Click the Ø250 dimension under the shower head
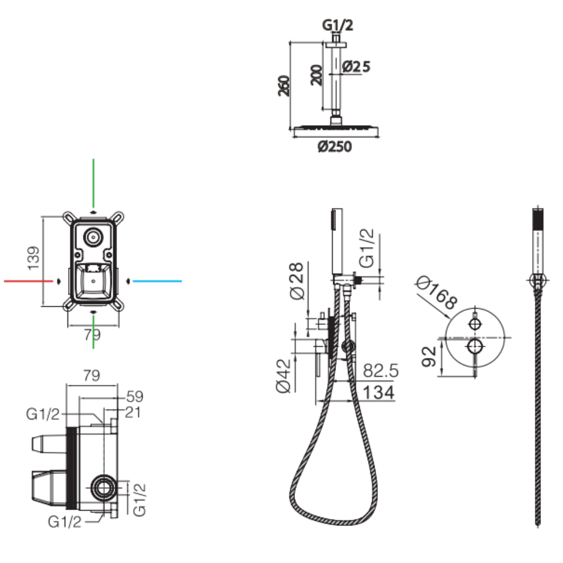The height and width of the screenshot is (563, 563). click(x=334, y=147)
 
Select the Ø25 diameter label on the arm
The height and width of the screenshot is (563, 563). click(x=356, y=66)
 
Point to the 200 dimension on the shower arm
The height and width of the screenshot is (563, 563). click(x=316, y=74)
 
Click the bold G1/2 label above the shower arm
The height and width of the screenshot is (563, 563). click(x=338, y=25)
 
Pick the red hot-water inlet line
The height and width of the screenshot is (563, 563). click(x=28, y=280)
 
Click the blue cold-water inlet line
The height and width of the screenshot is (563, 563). click(x=158, y=280)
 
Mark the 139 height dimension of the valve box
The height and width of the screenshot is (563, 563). click(x=34, y=258)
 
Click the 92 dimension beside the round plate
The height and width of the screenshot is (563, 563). click(x=429, y=356)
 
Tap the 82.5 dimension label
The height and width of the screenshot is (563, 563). click(x=381, y=371)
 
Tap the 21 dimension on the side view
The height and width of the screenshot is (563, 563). click(x=132, y=413)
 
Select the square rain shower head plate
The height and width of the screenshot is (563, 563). click(x=336, y=131)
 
